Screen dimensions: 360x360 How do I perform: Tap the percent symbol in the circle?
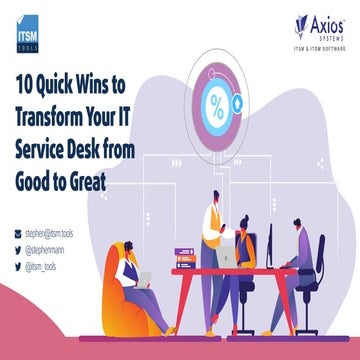point(215,103)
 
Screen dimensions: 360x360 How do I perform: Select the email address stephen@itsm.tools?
point(53,232)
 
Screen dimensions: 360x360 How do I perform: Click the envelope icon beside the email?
point(18,232)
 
